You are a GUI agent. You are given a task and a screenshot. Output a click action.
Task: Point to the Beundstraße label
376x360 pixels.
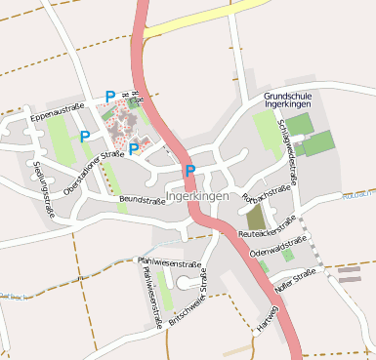click(x=142, y=201)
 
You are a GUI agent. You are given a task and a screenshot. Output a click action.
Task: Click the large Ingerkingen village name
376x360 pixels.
click(x=197, y=196)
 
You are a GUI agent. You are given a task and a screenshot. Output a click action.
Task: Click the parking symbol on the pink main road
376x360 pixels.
click(x=190, y=171)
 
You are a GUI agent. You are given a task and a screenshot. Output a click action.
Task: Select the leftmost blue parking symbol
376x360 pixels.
click(x=85, y=137)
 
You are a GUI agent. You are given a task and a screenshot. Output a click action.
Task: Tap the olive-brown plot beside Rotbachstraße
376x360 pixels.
click(x=256, y=217)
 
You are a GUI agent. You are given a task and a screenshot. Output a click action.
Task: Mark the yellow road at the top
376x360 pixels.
click(x=205, y=19)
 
